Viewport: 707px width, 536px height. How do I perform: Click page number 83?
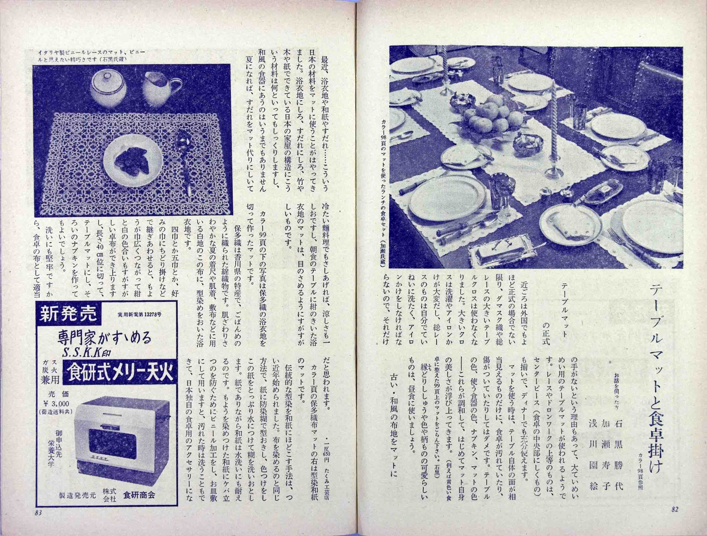tap(38, 521)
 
